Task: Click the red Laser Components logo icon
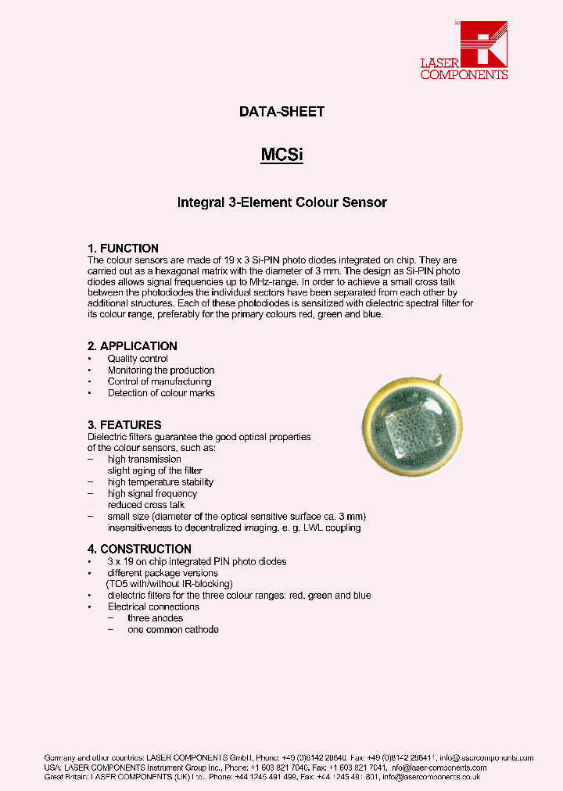click(x=485, y=42)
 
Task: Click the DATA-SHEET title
click(x=281, y=112)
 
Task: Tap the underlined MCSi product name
click(x=281, y=155)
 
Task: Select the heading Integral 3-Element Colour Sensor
click(x=281, y=202)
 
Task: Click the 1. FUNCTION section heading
click(x=123, y=249)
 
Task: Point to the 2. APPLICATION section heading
click(x=132, y=346)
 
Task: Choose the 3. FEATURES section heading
click(x=124, y=425)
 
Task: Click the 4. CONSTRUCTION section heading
click(x=139, y=549)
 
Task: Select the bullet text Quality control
click(x=138, y=359)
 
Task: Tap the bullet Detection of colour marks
click(x=161, y=393)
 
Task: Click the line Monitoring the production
click(x=161, y=370)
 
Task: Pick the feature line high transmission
click(x=145, y=460)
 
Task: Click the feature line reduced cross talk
click(x=146, y=505)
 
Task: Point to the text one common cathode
click(x=173, y=629)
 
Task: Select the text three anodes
click(x=155, y=618)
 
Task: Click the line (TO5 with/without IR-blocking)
click(x=170, y=584)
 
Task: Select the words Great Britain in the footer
click(x=66, y=777)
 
